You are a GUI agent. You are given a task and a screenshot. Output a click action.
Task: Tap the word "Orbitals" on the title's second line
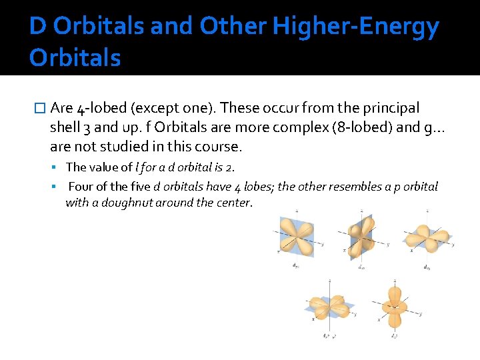[x=75, y=58]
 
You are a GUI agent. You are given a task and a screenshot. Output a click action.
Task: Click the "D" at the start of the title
[x=38, y=27]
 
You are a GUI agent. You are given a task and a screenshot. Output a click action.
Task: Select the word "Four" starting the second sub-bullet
[x=81, y=187]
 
